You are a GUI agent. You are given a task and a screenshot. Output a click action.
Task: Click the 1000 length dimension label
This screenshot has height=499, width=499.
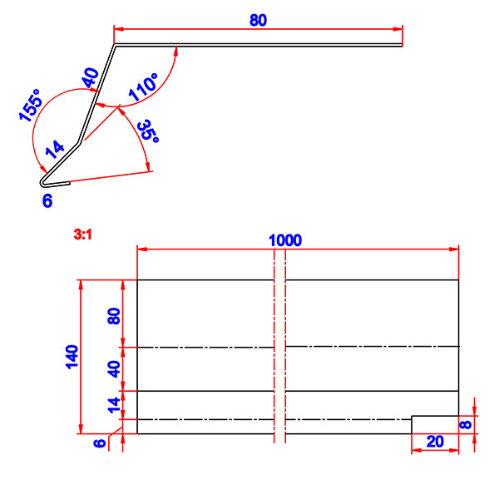[x=284, y=240]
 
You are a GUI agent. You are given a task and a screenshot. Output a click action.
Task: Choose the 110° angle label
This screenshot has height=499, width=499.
[x=143, y=87]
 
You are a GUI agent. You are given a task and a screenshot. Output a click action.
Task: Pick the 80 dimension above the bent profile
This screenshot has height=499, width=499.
[x=258, y=20]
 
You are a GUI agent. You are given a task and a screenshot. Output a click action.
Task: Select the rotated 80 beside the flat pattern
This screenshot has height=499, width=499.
[x=115, y=315]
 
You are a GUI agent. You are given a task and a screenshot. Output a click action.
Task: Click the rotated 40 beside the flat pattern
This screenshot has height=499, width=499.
[x=115, y=368]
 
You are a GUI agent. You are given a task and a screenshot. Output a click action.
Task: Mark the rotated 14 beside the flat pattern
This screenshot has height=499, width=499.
[x=115, y=405]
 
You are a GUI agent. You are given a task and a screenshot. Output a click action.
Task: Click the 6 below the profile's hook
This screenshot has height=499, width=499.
[x=47, y=200]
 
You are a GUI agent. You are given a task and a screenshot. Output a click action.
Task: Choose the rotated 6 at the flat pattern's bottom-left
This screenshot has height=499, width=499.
[x=100, y=444]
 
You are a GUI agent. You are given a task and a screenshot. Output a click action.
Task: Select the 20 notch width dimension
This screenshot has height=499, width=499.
[x=434, y=442]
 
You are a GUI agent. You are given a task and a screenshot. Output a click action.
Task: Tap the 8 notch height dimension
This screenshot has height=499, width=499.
[x=466, y=424]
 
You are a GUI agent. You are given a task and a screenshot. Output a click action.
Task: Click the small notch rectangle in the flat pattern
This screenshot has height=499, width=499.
[x=435, y=424]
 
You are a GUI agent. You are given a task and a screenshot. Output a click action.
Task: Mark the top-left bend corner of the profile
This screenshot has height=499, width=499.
[x=115, y=45]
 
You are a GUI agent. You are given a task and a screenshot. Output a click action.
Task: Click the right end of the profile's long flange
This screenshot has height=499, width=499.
[x=403, y=45]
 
